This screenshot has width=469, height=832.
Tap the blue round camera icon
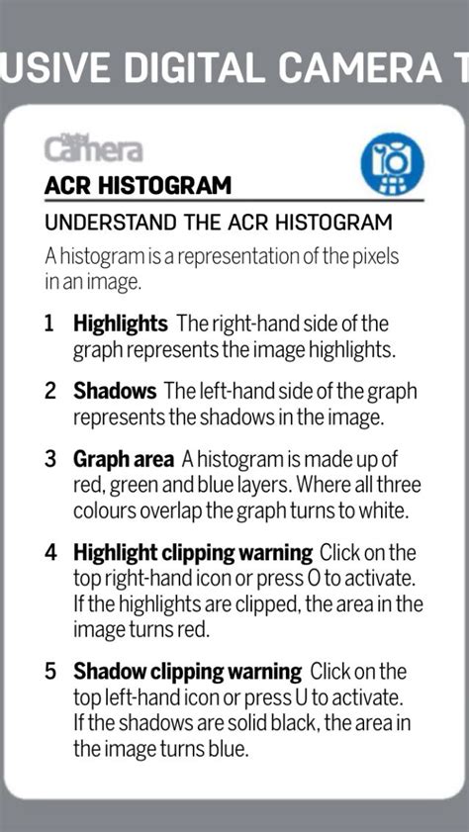pyautogui.click(x=392, y=162)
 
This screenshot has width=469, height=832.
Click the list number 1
pyautogui.click(x=49, y=324)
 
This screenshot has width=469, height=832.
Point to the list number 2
pyautogui.click(x=49, y=392)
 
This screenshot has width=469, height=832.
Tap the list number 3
pyautogui.click(x=49, y=460)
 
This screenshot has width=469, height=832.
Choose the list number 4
pyautogui.click(x=49, y=553)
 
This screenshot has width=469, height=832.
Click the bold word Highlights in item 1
pyautogui.click(x=121, y=324)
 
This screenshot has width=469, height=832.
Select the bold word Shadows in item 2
pyautogui.click(x=115, y=392)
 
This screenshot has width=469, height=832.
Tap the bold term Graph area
pyautogui.click(x=124, y=460)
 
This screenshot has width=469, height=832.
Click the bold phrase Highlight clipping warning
pyautogui.click(x=193, y=553)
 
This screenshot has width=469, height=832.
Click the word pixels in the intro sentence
pyautogui.click(x=375, y=256)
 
